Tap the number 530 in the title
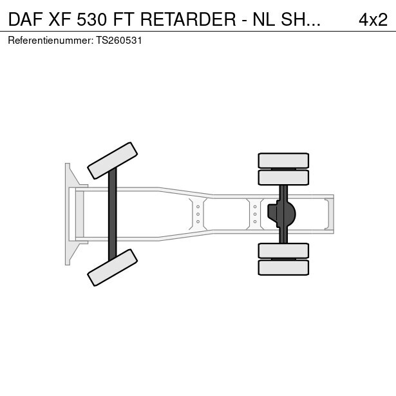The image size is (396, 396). [92, 20]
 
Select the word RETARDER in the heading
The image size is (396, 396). [188, 20]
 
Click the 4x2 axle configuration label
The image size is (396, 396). [373, 20]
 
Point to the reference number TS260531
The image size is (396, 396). [118, 41]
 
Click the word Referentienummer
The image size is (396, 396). [50, 41]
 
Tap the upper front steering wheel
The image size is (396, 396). [113, 160]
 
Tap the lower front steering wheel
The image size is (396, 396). [113, 267]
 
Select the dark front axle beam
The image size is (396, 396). [113, 214]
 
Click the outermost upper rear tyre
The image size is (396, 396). [283, 160]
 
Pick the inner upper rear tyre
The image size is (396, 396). [283, 178]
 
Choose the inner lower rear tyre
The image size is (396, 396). [283, 250]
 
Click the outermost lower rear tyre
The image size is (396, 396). [283, 268]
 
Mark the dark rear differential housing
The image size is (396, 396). [281, 214]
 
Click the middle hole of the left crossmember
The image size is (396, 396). [198, 214]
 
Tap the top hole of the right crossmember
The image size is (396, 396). [255, 207]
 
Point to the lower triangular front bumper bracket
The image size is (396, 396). [75, 253]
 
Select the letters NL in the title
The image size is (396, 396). [263, 20]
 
